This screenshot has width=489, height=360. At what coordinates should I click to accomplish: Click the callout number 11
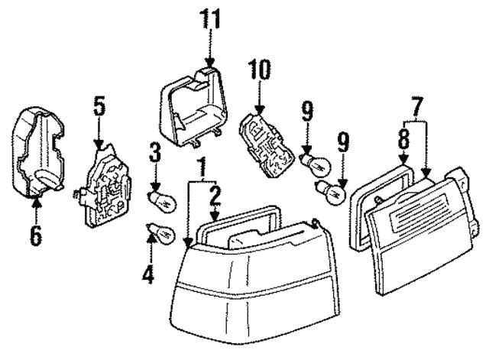tap(209, 18)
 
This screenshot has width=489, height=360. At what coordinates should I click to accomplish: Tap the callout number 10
tap(260, 72)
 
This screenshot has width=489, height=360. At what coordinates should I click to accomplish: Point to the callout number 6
tap(36, 235)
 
